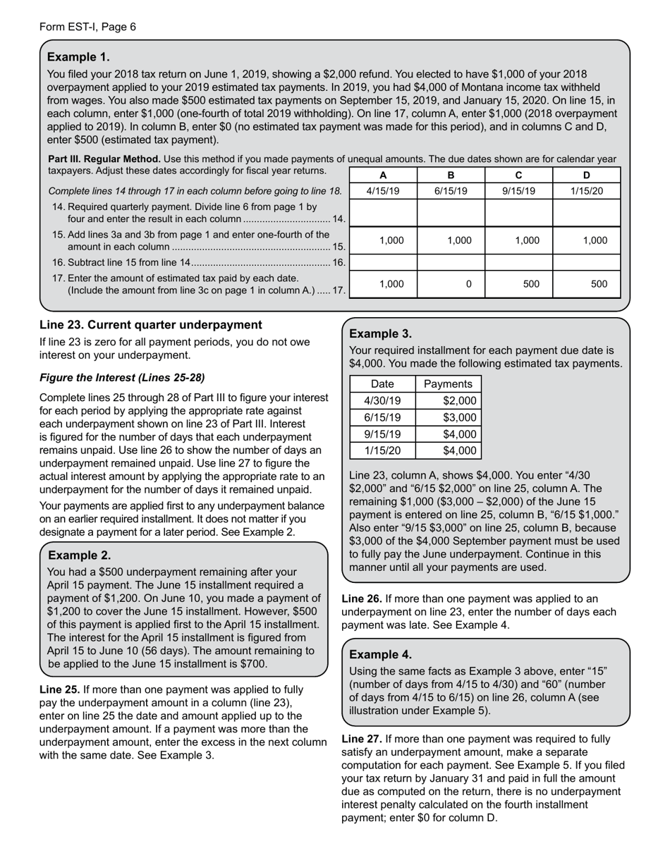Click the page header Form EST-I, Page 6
coord(87,27)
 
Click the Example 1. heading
coord(78,57)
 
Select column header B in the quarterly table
coord(451,176)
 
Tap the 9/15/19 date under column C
coord(518,191)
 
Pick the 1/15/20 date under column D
coord(586,191)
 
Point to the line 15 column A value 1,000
coord(391,240)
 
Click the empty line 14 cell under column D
coord(586,212)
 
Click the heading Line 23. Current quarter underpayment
coord(150,325)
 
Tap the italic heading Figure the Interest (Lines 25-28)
coord(122,377)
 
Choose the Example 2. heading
coord(79,555)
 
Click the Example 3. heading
coord(381,334)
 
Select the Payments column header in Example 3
coord(449,384)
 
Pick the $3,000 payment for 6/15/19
coord(459,418)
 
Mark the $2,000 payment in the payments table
coord(459,401)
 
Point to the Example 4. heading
coord(381,654)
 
